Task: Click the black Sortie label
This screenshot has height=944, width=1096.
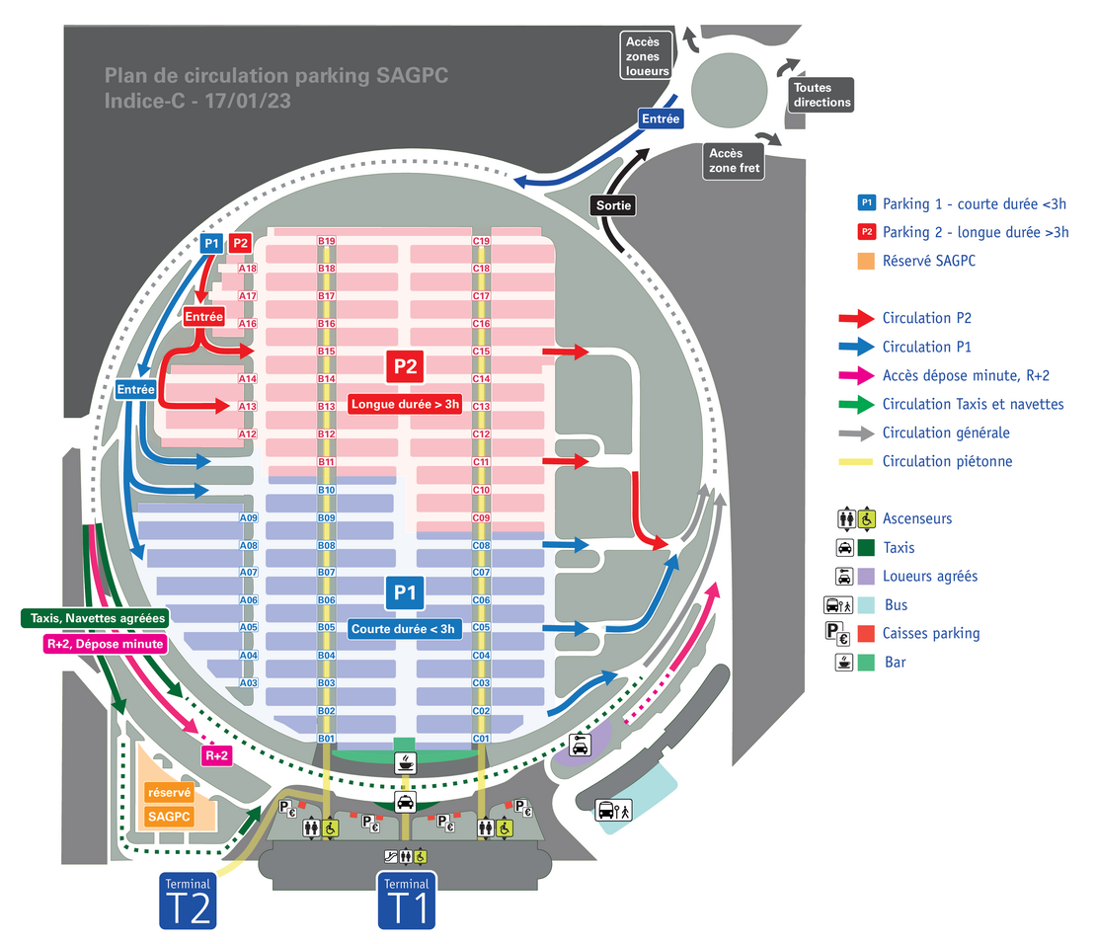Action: (612, 205)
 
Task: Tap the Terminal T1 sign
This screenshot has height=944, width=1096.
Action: (406, 901)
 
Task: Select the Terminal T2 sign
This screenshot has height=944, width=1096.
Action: (188, 901)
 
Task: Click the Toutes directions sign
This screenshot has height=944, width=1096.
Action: (821, 96)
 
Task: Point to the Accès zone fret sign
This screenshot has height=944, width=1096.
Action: (733, 160)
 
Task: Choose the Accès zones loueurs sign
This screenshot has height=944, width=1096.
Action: (648, 56)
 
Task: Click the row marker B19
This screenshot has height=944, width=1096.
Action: (327, 241)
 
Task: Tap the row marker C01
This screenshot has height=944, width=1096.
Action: (482, 739)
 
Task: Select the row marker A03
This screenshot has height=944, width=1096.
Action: (249, 683)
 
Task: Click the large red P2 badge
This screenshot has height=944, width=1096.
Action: (405, 366)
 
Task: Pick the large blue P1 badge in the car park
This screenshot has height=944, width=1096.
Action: (405, 592)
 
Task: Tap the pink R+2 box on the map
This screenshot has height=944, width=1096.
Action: (216, 756)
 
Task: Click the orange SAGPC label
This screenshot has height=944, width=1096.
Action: (168, 817)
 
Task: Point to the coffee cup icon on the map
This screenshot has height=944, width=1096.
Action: (405, 761)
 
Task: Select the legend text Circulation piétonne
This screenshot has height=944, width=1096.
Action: (947, 461)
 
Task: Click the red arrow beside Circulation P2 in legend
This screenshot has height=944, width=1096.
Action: (855, 318)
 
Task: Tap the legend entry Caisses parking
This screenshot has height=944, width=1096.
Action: (931, 633)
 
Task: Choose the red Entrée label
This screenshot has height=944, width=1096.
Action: (202, 317)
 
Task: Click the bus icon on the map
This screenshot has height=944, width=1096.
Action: (606, 812)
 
